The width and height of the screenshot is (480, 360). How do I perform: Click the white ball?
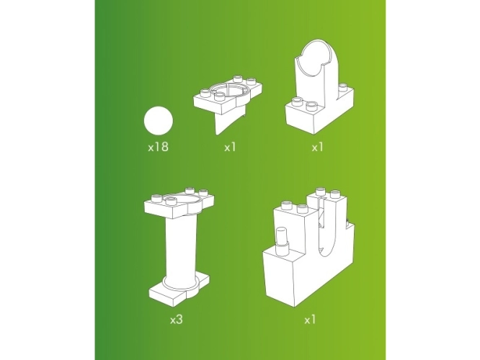(x=158, y=120)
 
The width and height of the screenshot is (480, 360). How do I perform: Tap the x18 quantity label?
(x=158, y=147)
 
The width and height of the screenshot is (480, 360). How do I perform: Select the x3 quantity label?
(x=177, y=320)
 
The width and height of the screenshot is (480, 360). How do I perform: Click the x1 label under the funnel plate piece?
(x=230, y=148)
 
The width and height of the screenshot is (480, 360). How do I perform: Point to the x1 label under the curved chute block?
(x=317, y=148)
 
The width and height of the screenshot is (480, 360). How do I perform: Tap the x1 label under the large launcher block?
(x=310, y=320)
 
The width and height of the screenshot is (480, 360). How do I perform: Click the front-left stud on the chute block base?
(x=297, y=102)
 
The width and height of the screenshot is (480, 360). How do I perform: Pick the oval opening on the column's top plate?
(x=185, y=199)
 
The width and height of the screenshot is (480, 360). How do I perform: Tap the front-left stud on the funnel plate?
(x=205, y=92)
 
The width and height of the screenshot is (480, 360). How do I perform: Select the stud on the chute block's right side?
(x=342, y=88)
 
